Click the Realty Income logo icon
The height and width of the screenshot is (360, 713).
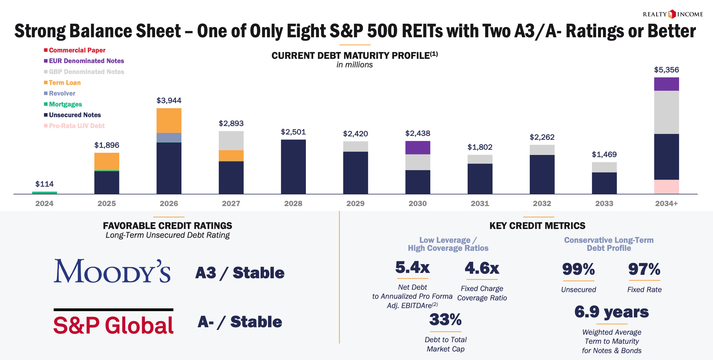(672, 14)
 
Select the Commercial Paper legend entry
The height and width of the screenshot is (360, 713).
(74, 50)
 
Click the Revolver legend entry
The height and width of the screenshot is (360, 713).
(59, 93)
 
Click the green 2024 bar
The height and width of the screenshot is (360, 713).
(44, 193)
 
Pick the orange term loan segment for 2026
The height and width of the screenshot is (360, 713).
(169, 120)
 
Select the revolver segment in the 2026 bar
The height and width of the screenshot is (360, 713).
(169, 137)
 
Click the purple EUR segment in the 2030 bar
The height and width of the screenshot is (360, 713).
(418, 148)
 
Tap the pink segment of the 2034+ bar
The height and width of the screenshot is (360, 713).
(666, 187)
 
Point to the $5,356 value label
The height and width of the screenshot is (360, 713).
(666, 70)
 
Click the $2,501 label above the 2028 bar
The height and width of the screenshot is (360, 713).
(293, 132)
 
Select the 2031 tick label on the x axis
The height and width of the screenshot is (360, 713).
(480, 204)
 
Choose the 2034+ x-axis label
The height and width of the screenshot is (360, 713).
(666, 204)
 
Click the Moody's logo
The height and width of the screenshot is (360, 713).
(112, 271)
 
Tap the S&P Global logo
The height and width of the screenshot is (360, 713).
(113, 324)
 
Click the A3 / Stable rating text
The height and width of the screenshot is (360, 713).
(240, 273)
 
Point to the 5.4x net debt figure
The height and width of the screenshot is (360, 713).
(412, 268)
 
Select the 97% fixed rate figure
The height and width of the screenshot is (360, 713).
(644, 269)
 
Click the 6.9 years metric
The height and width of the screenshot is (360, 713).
(611, 312)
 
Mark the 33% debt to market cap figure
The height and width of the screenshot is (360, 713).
(445, 320)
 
